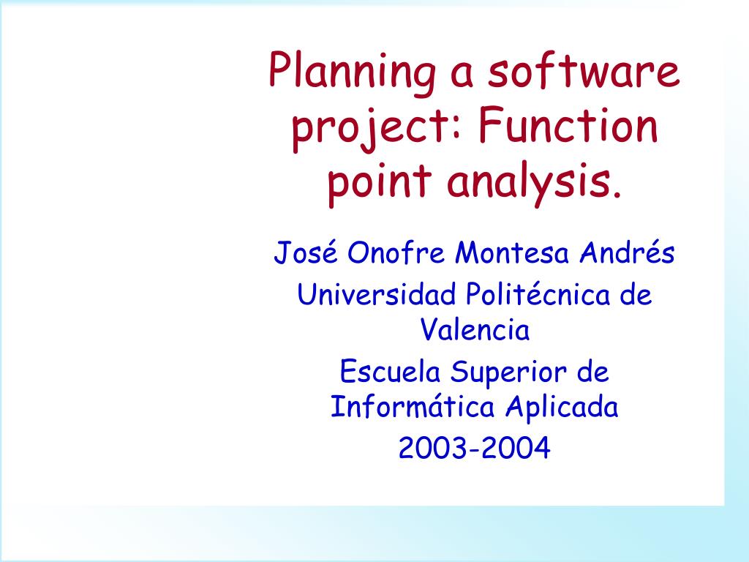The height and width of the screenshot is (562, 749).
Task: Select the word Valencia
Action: (475, 331)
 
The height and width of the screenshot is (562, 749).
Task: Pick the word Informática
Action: (413, 407)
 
